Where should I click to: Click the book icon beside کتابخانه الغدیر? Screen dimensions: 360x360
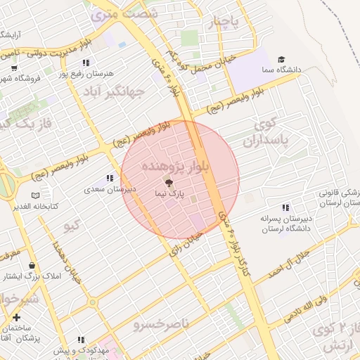coord(35,195)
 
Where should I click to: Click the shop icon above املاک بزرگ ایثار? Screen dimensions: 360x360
coord(32,266)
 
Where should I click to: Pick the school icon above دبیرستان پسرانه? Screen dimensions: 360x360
coord(285,208)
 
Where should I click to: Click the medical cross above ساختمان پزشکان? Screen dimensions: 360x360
coord(17,317)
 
